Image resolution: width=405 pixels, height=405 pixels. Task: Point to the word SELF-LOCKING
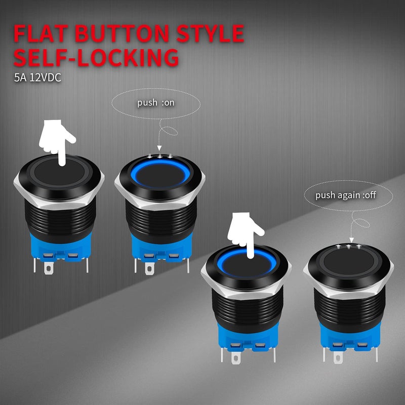(96, 57)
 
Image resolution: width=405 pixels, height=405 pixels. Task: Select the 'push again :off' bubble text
(346, 195)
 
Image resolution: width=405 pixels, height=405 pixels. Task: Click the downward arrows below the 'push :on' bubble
(161, 156)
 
